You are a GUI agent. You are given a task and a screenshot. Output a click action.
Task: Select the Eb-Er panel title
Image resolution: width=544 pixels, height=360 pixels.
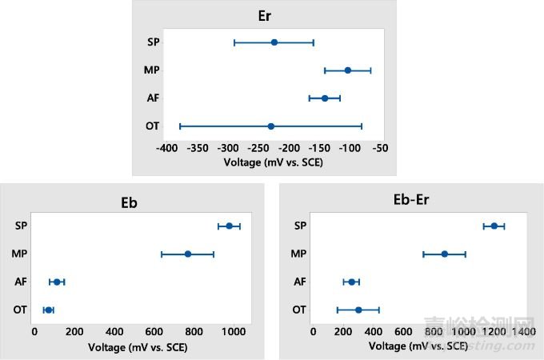coord(407,202)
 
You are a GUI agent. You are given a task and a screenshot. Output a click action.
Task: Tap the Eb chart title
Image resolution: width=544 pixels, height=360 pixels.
coord(128,202)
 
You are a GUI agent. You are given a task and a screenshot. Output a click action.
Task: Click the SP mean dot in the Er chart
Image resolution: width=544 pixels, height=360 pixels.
coord(274,42)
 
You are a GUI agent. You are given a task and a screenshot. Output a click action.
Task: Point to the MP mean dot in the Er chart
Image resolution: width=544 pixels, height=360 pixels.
coord(348,70)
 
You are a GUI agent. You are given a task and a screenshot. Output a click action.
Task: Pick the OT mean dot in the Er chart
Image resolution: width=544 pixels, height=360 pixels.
coord(271,126)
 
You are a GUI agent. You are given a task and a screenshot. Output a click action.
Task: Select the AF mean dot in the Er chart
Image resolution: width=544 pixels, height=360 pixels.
coord(325,98)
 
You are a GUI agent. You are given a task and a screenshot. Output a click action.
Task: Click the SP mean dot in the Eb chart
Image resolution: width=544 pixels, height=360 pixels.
coord(230,226)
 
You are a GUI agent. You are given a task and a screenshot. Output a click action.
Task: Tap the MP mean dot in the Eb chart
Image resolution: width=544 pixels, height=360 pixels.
coord(188,254)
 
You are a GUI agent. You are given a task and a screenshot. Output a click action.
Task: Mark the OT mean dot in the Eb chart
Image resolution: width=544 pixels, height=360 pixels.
coord(49,310)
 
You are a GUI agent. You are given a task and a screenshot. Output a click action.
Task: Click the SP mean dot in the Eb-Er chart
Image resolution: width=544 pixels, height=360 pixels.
coord(494,226)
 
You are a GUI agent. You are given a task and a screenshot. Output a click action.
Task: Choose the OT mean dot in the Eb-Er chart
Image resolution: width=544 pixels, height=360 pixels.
coord(358,310)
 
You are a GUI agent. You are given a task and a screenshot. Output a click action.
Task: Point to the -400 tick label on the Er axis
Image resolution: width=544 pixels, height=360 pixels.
coord(167,149)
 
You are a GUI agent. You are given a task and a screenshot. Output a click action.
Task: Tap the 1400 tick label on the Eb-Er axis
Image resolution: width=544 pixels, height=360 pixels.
coord(524,331)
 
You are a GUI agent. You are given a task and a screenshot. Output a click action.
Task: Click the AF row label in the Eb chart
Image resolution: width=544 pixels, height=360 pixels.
coord(21,282)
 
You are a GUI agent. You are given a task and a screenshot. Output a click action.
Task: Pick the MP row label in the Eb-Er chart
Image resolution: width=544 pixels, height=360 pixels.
coord(299,254)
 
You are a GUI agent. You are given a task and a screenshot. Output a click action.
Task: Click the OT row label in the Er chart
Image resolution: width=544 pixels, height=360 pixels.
coord(152,126)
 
